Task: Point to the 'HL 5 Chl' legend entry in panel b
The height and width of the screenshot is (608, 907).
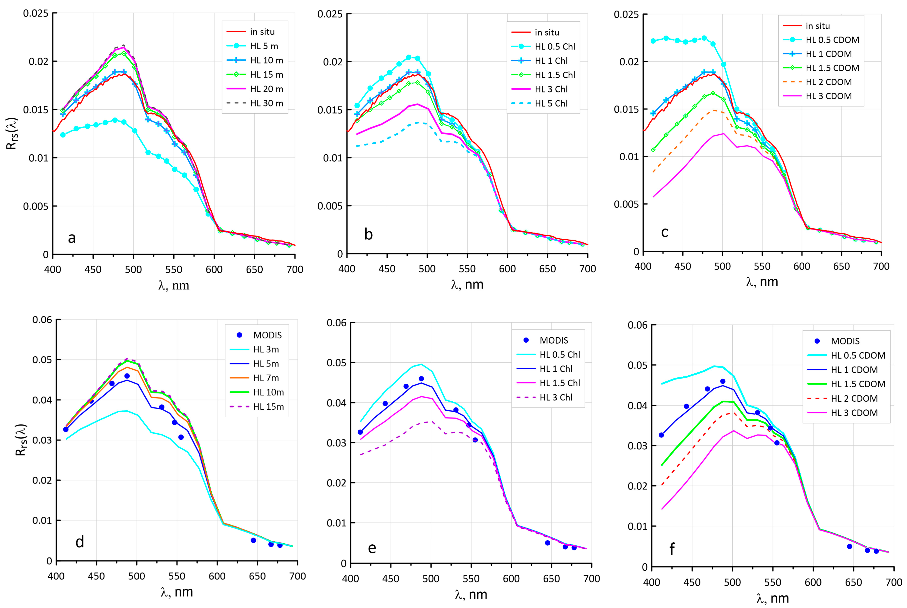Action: [x=551, y=104]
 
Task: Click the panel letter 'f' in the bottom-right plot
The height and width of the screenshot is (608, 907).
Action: [x=672, y=549]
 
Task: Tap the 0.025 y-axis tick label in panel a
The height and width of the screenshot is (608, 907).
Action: [x=36, y=14]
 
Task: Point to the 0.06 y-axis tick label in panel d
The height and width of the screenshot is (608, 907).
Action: [x=42, y=320]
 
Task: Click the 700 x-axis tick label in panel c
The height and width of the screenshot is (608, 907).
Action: [x=881, y=266]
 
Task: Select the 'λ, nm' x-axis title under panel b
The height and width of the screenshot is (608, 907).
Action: [x=467, y=285]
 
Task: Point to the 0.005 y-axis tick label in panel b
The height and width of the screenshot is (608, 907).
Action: [x=330, y=206]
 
